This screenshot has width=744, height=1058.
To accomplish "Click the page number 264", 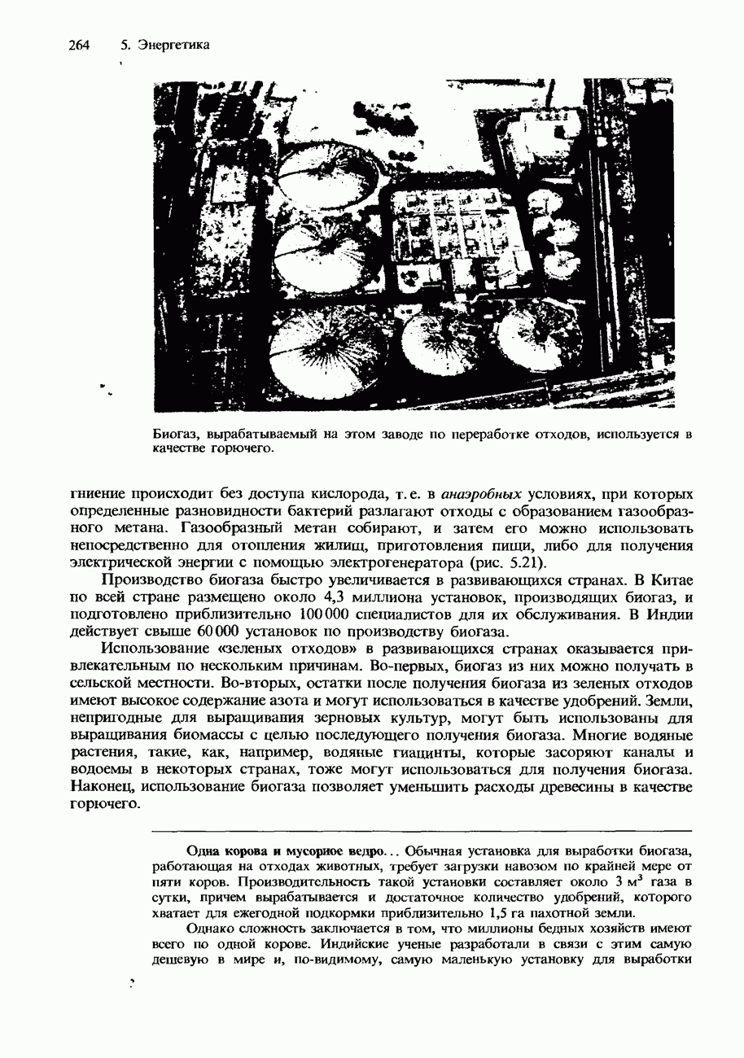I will tap(77, 45).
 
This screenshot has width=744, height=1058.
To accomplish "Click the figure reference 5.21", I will tap(522, 563).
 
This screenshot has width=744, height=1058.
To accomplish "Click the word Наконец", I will tap(104, 787).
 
